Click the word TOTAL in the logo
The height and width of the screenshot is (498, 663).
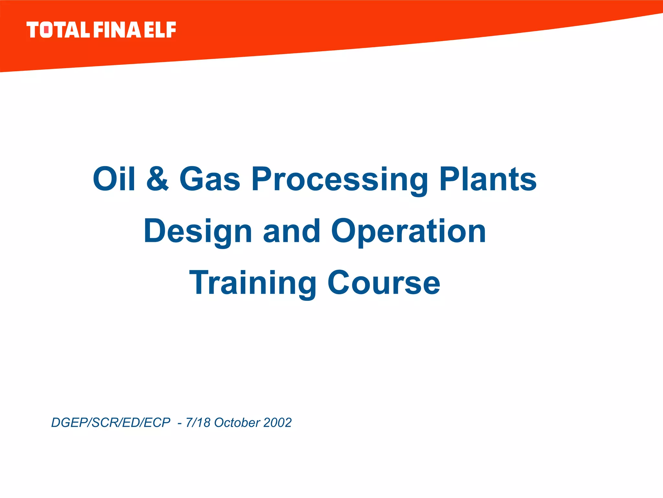click(58, 30)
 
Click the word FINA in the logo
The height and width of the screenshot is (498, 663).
click(117, 30)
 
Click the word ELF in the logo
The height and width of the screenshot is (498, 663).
click(160, 30)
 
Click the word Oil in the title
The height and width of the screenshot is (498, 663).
click(114, 179)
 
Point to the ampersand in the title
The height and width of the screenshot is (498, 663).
click(158, 179)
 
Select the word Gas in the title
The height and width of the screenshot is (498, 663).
click(210, 179)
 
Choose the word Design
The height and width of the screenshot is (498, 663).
click(198, 231)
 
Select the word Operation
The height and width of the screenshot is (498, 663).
click(408, 231)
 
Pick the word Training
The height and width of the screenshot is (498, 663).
click(253, 283)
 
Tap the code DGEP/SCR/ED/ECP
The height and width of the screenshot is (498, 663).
click(111, 423)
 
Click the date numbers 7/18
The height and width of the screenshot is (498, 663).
click(198, 423)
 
